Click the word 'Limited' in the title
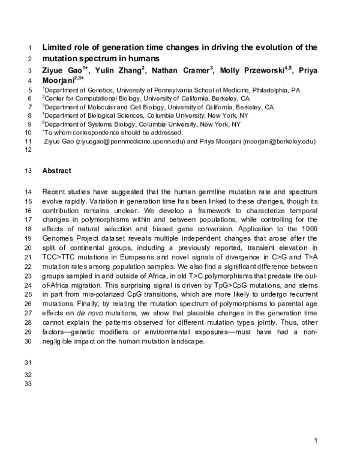(x=57, y=47)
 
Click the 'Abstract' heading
(x=56, y=171)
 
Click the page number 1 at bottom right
(x=316, y=441)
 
